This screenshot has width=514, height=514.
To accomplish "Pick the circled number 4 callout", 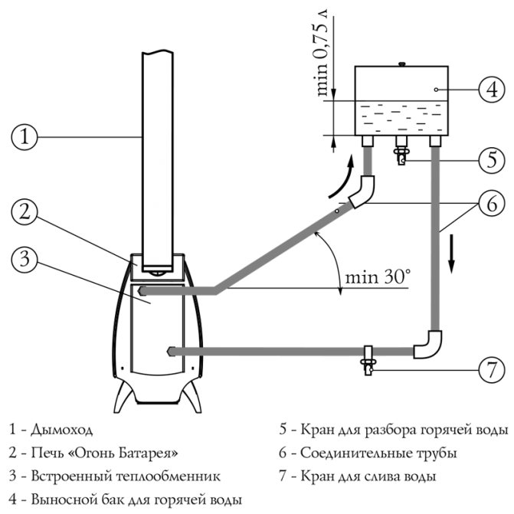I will click(x=490, y=90).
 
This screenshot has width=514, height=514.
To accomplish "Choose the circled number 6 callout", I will click(x=490, y=205).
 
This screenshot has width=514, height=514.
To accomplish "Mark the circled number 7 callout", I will click(x=490, y=371).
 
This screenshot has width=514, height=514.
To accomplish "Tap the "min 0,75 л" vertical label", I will click(x=324, y=54).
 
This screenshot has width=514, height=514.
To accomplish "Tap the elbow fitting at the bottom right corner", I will click(x=428, y=344).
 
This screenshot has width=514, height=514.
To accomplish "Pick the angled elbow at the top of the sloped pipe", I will click(x=361, y=192).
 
